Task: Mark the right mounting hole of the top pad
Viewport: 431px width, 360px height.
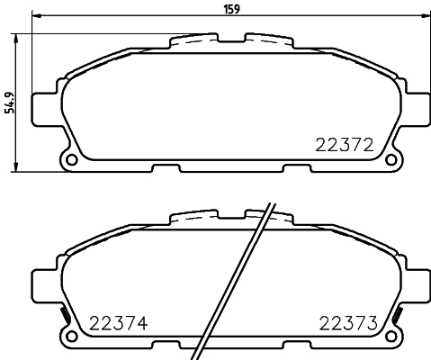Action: (x=391, y=160)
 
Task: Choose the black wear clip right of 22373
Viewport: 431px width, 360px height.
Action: (x=396, y=316)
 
